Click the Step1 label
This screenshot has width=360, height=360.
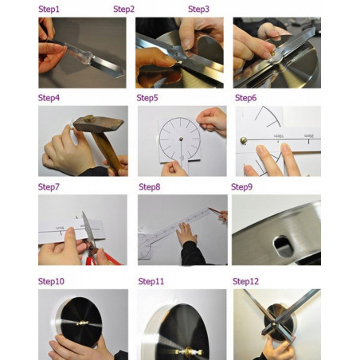pos(49,10)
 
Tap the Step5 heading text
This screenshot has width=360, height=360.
pos(147,98)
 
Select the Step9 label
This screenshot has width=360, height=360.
pos(241,187)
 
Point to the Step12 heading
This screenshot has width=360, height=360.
pos(245,281)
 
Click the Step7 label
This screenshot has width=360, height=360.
pos(49,187)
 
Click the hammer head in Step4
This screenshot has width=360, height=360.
pos(98,123)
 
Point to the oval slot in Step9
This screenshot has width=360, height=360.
pos(284,247)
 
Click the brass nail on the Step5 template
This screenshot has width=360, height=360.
pos(181,139)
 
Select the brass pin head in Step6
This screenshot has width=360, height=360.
pos(243,140)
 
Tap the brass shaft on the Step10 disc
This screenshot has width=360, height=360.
pos(83,323)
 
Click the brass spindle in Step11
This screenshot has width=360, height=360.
pos(189,352)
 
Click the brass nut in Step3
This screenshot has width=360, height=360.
pos(273,54)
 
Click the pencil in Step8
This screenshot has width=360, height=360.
pos(217,212)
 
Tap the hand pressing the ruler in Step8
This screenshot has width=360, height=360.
pos(187,233)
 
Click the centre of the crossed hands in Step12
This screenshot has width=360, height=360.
pos(274,323)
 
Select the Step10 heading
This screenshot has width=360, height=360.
pos(51,281)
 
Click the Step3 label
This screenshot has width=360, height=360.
pos(198,10)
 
